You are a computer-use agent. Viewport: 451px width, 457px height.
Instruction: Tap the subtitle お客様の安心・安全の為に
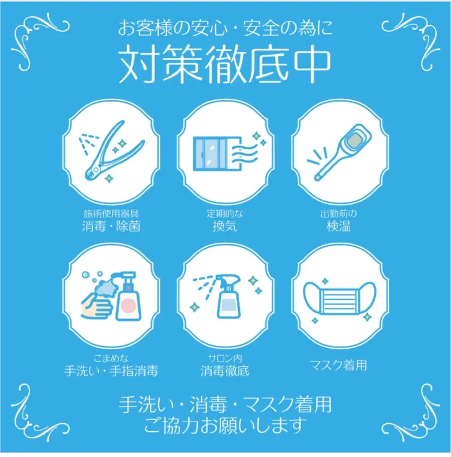coord(225,28)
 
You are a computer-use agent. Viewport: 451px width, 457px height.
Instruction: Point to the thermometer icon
coord(338,152)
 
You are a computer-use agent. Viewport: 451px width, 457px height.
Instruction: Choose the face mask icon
coord(338,297)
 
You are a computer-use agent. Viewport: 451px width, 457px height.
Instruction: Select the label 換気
coord(224,227)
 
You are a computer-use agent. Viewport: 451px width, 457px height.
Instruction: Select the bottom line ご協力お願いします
coord(225,426)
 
